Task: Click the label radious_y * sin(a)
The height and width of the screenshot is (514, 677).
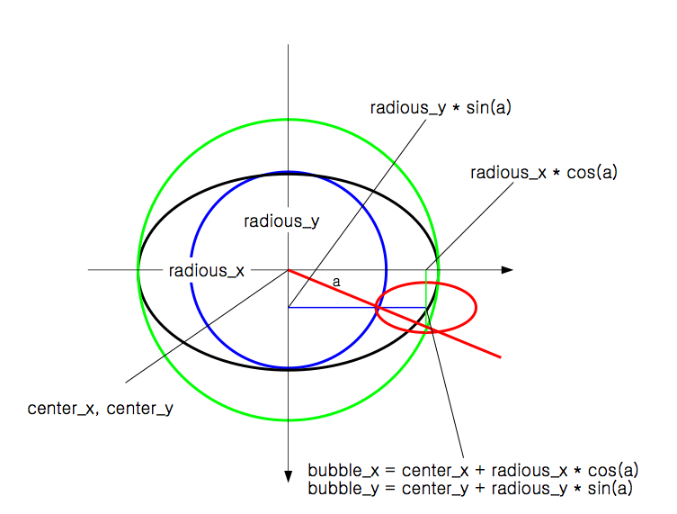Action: (x=441, y=108)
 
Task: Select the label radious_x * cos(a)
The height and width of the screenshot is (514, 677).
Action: (x=544, y=172)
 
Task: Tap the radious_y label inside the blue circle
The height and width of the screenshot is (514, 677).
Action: (x=282, y=221)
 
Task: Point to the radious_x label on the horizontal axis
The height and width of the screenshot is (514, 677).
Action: (x=207, y=270)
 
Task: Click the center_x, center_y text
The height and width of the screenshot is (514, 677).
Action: (x=101, y=408)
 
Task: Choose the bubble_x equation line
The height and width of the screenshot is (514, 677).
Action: (x=473, y=470)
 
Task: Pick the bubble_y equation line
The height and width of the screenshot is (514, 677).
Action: (x=470, y=489)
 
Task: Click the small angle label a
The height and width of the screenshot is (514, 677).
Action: (x=336, y=282)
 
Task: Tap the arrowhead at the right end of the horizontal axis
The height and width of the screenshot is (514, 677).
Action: (x=507, y=269)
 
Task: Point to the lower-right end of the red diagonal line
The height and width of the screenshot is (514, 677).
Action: (x=498, y=357)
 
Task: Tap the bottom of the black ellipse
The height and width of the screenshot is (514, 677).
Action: (x=288, y=368)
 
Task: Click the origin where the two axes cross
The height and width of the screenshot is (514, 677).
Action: (x=288, y=269)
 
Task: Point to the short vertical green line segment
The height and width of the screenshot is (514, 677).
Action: (x=426, y=288)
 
